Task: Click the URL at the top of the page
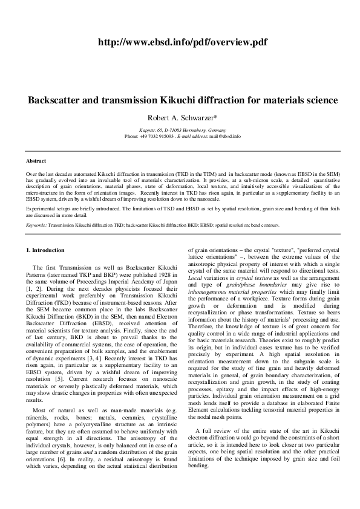coord(180,41)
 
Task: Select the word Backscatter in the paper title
coord(58,100)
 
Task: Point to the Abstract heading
coord(36,161)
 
